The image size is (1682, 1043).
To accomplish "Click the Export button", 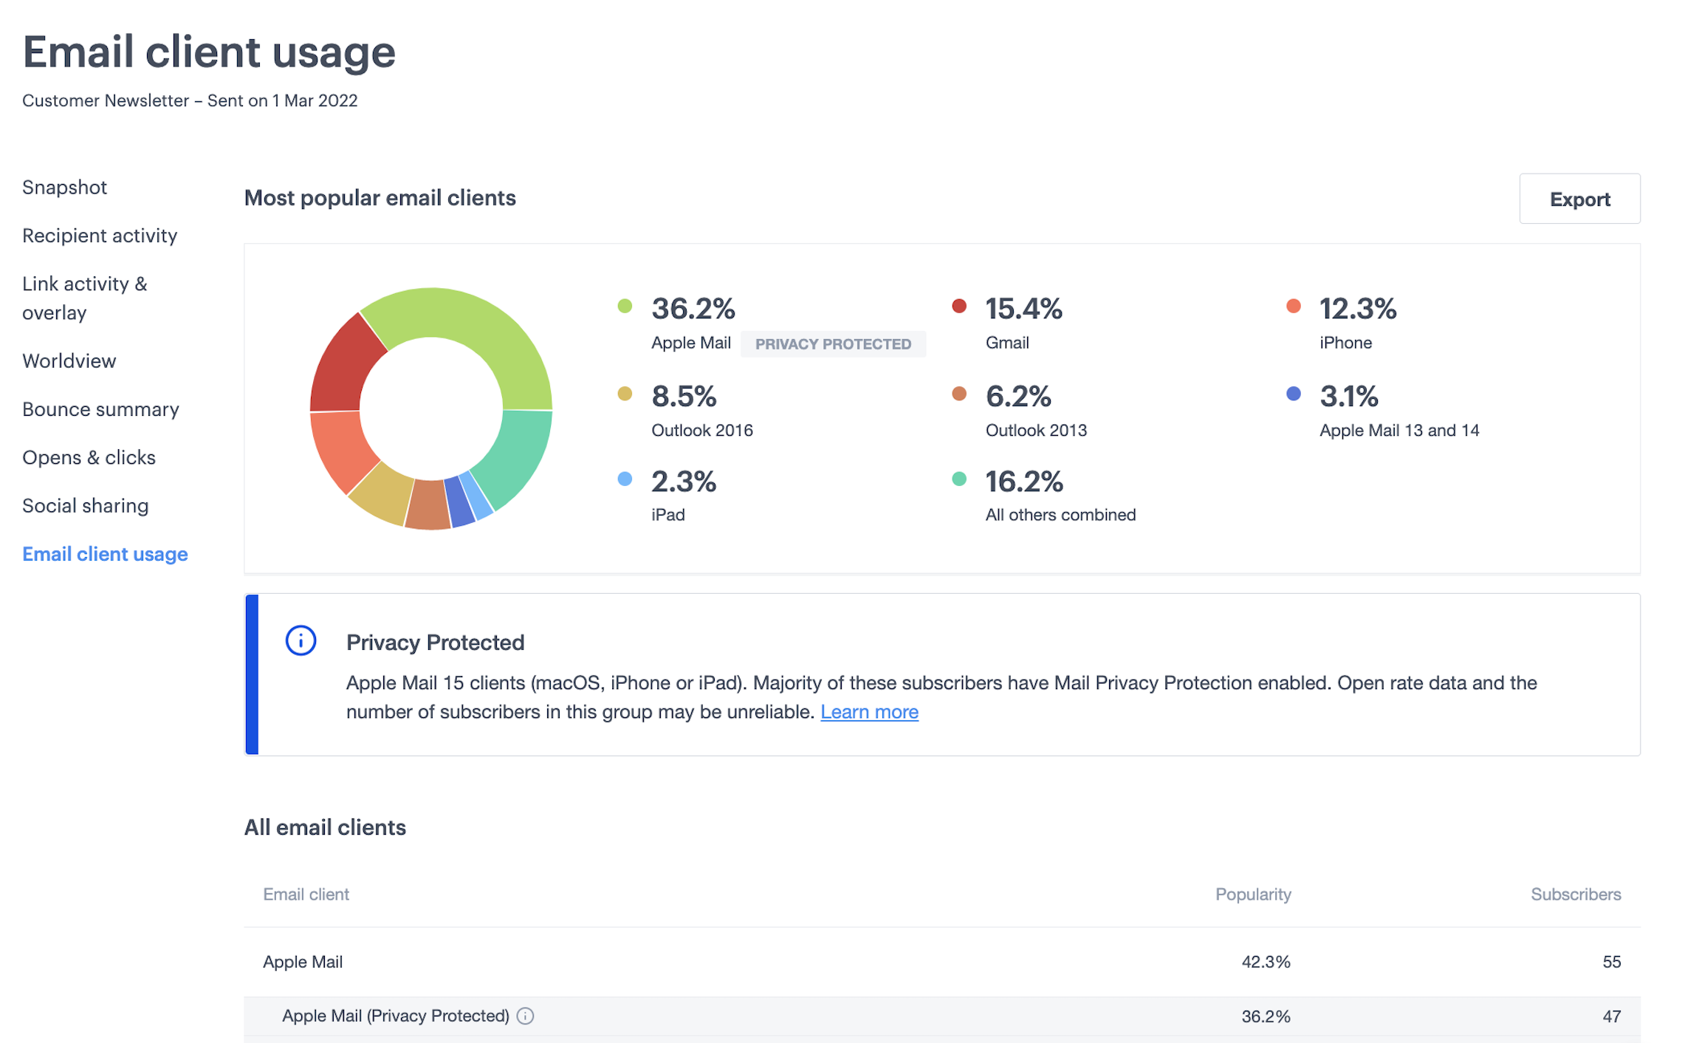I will point(1579,199).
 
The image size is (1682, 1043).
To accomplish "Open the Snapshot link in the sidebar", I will point(64,187).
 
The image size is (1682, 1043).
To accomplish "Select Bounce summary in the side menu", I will point(100,409).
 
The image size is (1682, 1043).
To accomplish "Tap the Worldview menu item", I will point(69,361).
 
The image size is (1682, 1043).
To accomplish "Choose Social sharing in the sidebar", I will point(85,506).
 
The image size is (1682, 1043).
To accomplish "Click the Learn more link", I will point(869,712).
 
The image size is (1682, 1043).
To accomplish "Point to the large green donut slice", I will point(480,325).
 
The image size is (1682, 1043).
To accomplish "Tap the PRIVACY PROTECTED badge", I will point(832,344).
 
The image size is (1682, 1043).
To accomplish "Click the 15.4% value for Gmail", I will point(1023,309).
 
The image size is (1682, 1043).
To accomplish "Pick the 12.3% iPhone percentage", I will point(1357,309).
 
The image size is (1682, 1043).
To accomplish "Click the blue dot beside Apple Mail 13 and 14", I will point(1293,394).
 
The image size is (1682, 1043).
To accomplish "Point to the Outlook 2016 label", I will point(701,431).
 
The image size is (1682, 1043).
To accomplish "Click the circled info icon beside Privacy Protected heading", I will point(301,640).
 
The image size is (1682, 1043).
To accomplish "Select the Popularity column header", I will point(1252,895).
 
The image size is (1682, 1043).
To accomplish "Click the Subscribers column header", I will point(1575,895).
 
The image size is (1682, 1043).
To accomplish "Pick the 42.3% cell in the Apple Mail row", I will point(1265,962).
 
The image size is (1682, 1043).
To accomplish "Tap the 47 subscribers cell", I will point(1611,1016).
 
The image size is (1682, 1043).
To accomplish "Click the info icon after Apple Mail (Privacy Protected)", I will point(525,1016).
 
